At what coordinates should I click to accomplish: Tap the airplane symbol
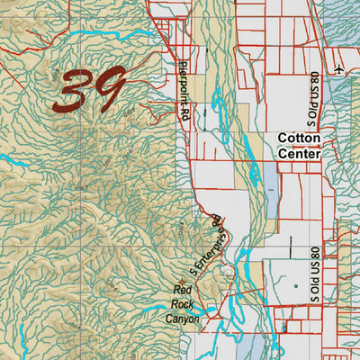[337, 68]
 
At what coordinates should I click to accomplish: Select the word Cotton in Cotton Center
[299, 138]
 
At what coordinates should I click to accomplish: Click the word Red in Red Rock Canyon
[183, 290]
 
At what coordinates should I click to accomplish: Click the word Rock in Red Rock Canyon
[183, 304]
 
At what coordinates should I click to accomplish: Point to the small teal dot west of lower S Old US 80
[294, 286]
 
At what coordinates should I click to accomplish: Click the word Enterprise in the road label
[208, 238]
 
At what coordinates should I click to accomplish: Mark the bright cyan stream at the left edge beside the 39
[11, 163]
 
